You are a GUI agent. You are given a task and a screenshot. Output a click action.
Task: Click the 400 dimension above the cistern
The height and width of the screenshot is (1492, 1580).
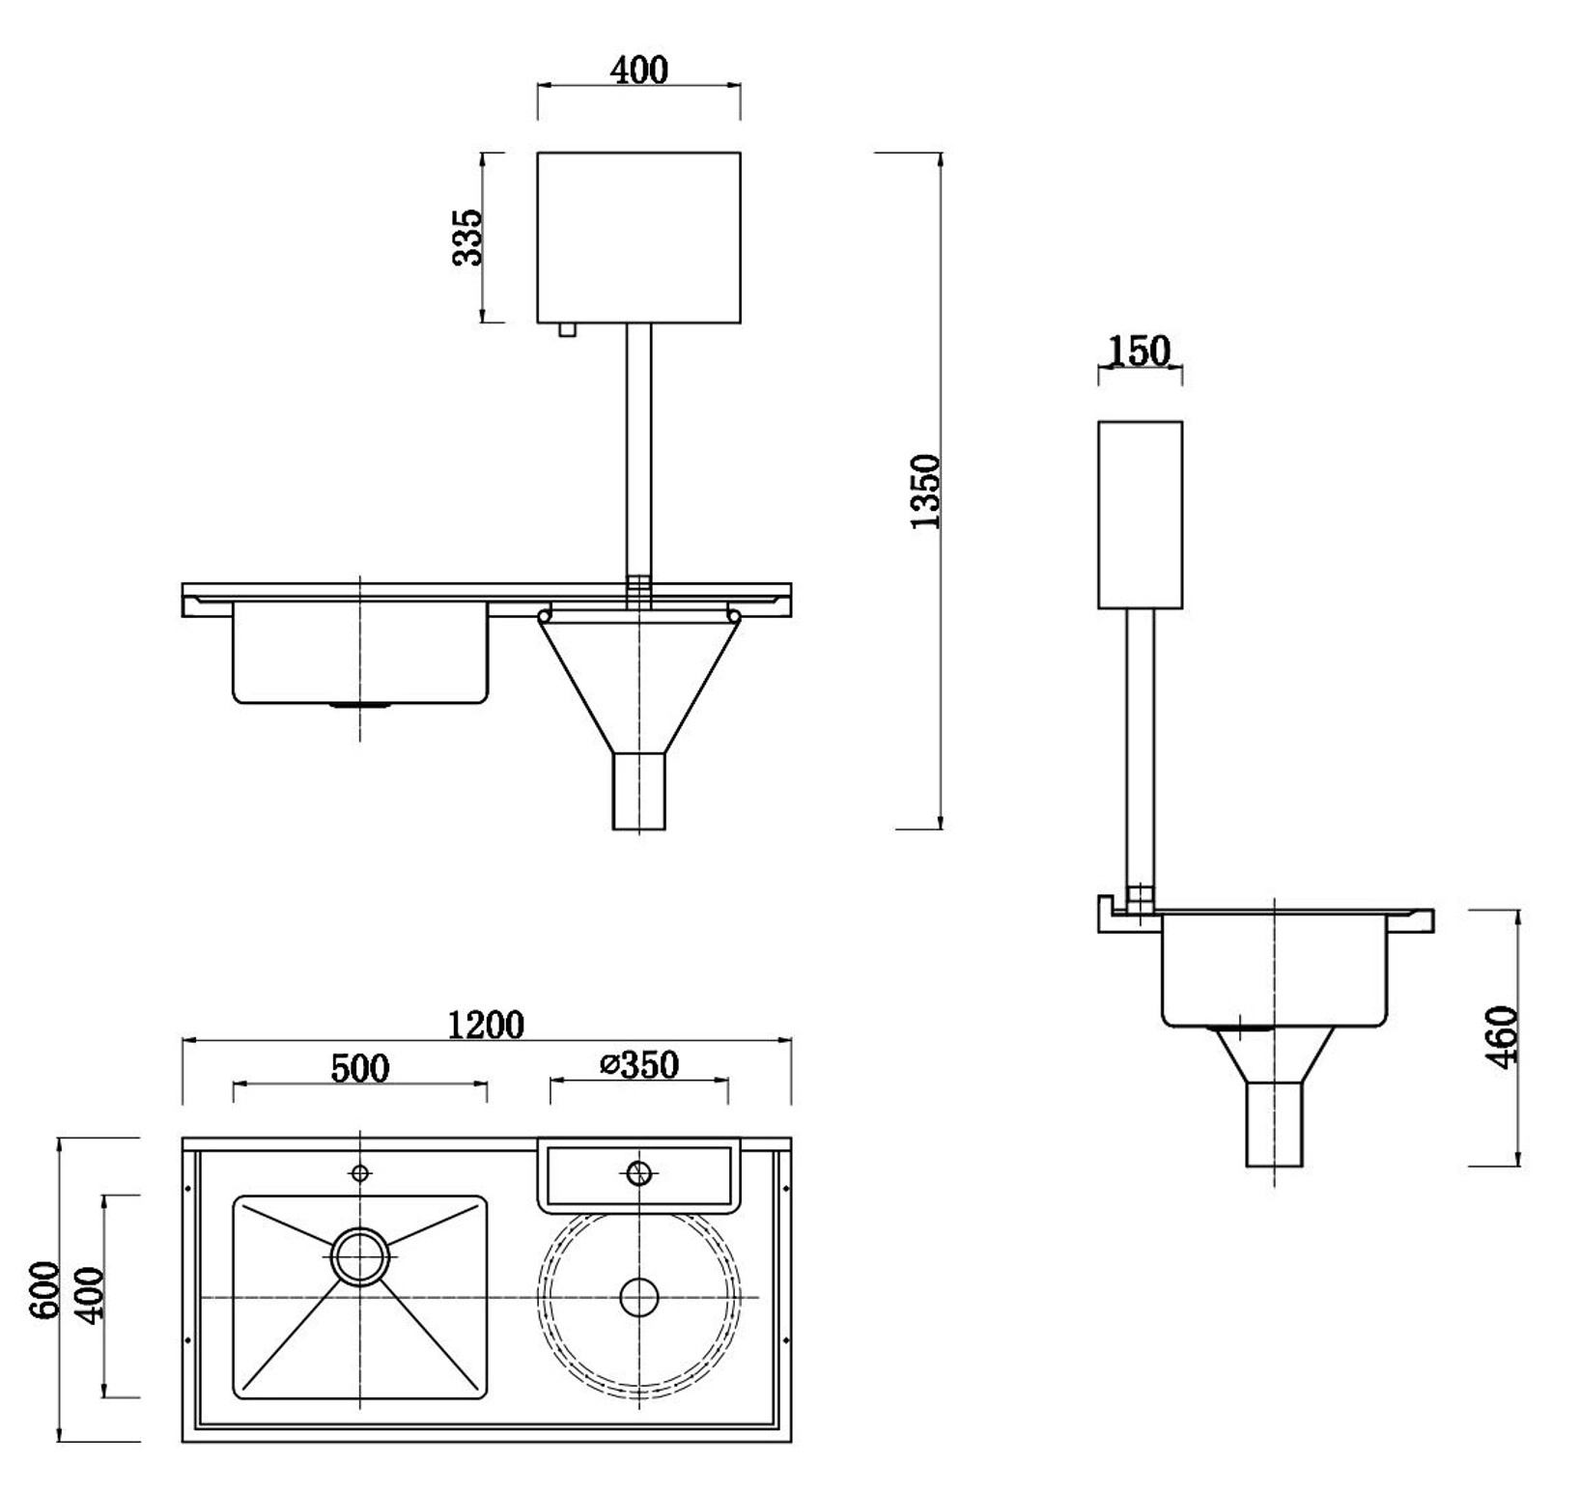point(639,70)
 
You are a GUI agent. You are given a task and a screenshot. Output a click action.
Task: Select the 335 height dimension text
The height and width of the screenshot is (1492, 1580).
point(467,237)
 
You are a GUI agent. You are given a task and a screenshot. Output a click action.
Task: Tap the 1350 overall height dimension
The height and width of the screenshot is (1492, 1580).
point(925,491)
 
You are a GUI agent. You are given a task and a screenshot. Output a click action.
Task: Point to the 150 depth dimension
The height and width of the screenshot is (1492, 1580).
point(1140,351)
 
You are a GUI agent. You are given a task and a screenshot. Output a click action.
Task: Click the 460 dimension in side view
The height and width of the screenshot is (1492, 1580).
point(1503,1037)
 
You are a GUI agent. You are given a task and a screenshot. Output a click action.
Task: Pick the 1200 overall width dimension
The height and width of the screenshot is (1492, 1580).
point(487,1025)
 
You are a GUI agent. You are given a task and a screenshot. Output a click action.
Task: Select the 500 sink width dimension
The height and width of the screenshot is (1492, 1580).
point(360,1068)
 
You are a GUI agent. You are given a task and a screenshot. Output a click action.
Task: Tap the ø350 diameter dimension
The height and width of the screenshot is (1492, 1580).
point(639,1064)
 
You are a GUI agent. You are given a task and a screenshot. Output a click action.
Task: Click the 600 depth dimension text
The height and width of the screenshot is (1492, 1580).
point(44,1290)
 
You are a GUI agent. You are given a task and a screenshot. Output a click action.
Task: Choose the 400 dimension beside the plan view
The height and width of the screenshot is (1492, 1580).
point(89,1296)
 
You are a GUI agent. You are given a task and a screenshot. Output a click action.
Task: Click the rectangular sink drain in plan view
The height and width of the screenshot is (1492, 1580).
point(360,1256)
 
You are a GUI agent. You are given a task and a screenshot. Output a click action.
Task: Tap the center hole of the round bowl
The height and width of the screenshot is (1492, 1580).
point(638,1297)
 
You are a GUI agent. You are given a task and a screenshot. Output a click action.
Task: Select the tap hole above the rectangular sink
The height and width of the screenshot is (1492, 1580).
point(360,1173)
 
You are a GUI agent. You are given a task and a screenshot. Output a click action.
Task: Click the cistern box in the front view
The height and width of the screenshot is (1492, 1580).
point(638,237)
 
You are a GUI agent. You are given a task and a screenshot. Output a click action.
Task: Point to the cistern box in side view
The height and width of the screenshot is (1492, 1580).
point(1140,515)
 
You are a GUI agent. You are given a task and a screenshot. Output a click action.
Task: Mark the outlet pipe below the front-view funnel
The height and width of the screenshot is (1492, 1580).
point(638,792)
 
